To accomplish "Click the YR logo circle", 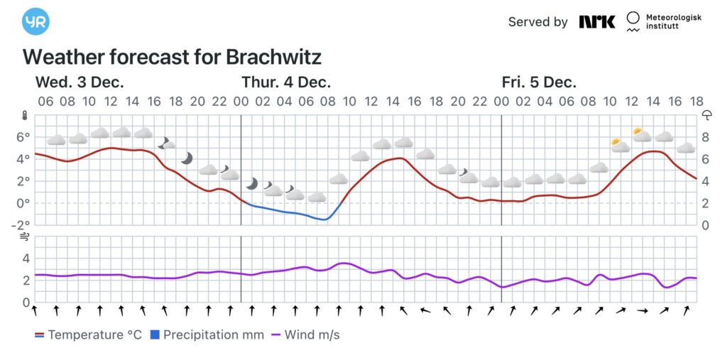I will point(35,22).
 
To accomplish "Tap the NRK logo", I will point(596,21).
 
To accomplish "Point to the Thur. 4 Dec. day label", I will point(286,82).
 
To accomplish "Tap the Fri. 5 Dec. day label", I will point(539,82).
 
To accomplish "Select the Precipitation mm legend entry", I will point(207,334).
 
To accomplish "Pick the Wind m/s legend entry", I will point(305,334).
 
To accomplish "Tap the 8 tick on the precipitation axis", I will point(706,136).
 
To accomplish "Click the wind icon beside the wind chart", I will point(24,237).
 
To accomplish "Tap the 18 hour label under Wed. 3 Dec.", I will point(175,102).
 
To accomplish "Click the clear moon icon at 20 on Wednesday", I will point(187,158).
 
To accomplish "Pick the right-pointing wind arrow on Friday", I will point(643,310).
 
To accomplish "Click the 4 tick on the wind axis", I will point(26,258).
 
